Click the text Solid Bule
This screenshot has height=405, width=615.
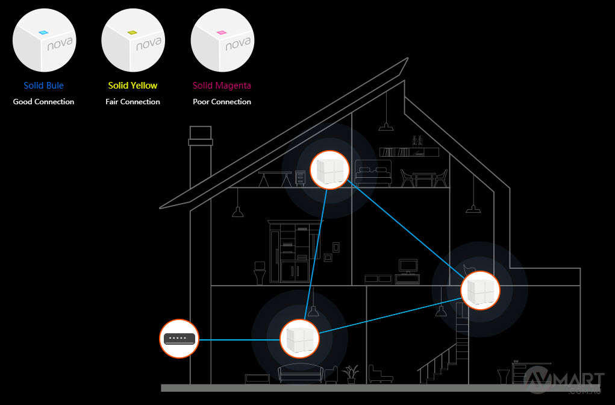(x=43, y=86)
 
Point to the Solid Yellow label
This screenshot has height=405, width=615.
(x=133, y=86)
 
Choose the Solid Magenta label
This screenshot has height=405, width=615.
(x=222, y=86)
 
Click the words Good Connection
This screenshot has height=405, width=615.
(x=43, y=102)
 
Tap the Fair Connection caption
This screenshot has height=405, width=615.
(x=133, y=102)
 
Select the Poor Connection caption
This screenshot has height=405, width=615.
(x=222, y=102)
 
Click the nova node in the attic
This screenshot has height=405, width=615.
(x=329, y=170)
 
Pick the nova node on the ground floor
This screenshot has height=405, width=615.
(x=299, y=338)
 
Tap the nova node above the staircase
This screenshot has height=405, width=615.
(x=480, y=290)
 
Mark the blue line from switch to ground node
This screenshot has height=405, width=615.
(x=239, y=339)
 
